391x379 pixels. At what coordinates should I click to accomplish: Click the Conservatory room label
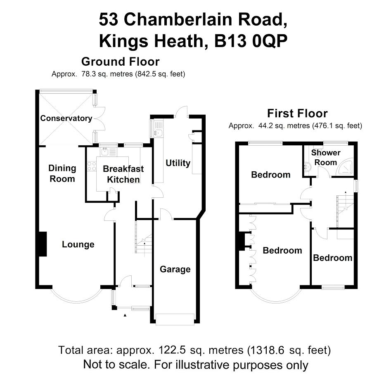[66, 118]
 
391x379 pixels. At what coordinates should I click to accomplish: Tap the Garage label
[175, 269]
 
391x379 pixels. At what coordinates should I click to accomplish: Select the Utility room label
[178, 163]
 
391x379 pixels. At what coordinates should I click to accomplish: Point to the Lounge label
[78, 244]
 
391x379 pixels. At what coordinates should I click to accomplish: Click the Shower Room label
[326, 157]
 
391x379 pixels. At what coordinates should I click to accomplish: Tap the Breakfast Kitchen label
[123, 174]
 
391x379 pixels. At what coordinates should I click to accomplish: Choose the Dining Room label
[62, 173]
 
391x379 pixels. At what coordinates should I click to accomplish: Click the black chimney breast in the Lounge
[43, 244]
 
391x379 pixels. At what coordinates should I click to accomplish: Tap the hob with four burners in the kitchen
[92, 166]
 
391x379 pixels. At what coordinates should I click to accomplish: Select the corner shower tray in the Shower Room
[345, 166]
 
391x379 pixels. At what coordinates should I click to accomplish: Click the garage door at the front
[175, 319]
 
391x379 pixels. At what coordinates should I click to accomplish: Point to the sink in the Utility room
[158, 133]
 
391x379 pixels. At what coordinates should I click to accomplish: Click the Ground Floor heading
[120, 62]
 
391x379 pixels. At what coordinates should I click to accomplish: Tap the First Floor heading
[297, 114]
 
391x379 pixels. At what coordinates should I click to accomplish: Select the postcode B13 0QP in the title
[251, 40]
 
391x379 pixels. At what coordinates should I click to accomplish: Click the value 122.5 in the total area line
[172, 350]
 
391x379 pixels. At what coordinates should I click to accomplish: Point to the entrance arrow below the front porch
[125, 315]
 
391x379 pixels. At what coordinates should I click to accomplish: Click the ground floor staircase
[144, 237]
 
